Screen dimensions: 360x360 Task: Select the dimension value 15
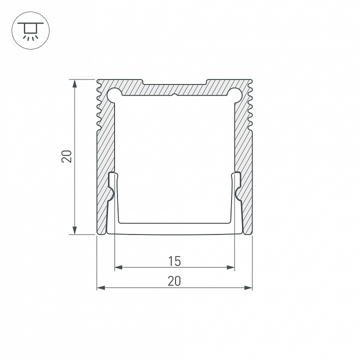[x=174, y=260]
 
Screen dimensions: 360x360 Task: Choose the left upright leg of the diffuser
[x=112, y=200]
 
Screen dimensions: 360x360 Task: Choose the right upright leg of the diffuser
[x=236, y=200]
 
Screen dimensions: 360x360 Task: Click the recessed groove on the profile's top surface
[x=174, y=81]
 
